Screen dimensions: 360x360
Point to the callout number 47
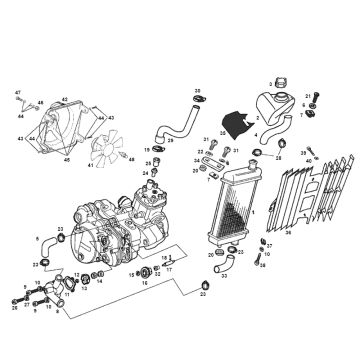coord(18,93)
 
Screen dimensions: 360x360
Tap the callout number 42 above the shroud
coord(64,99)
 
